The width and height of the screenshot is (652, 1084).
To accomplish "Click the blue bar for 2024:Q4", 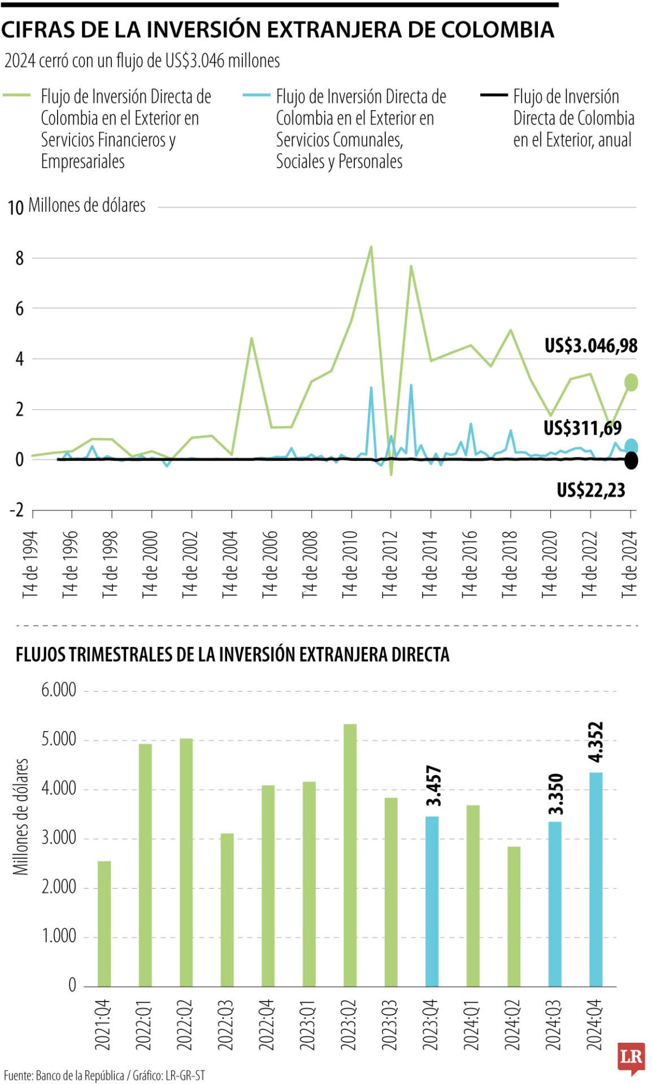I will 596,880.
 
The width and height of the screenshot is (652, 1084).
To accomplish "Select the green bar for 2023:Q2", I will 350,855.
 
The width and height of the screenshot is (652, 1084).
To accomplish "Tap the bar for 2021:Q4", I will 105,924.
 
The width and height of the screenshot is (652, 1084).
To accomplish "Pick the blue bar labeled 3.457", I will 432,901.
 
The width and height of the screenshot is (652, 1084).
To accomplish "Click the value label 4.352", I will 596,742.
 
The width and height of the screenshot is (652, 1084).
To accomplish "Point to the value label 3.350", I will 555,794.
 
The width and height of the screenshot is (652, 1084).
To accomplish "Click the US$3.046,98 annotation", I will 590,346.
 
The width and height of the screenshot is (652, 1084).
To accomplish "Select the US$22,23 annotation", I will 590,490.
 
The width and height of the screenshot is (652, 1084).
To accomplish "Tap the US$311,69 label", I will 582,428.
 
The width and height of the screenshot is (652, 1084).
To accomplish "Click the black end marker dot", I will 631,461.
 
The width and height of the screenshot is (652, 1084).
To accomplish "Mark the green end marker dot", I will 631,382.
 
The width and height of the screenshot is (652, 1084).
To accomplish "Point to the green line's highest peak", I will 371,247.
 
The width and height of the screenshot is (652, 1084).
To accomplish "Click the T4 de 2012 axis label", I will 390,563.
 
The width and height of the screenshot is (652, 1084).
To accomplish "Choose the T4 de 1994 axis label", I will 31,563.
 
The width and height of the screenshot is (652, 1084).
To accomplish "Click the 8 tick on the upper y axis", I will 20,259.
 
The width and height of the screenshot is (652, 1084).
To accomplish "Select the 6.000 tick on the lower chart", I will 58,690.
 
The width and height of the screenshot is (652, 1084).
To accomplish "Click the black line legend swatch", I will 493,96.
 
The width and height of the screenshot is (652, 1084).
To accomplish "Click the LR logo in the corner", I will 631,1057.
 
